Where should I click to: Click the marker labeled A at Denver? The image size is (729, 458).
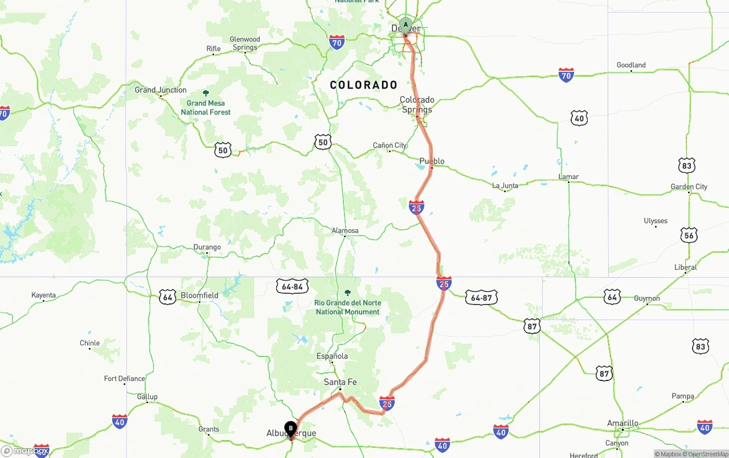(406, 25)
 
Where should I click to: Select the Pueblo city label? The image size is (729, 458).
(432, 161)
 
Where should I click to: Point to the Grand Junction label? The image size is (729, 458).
(161, 90)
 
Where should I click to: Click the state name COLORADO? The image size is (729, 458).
(364, 85)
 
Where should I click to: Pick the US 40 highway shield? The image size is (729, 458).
(579, 119)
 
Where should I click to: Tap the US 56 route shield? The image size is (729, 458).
(689, 235)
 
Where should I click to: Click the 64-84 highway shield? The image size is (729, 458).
(293, 286)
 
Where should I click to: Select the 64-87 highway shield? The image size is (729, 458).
(481, 297)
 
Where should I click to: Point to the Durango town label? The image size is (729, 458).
(207, 248)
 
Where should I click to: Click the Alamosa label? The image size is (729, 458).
(345, 231)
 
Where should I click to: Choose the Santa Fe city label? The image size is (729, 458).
(340, 382)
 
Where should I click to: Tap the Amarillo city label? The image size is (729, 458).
(622, 423)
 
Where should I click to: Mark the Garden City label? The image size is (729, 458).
(689, 187)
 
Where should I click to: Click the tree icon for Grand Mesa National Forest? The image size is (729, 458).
(206, 94)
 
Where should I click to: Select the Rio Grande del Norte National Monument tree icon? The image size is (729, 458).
(347, 293)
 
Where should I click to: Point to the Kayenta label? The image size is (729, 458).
(44, 295)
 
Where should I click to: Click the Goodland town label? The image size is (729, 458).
(631, 65)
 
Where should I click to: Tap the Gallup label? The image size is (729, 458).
(148, 397)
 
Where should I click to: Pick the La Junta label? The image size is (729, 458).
(505, 185)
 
